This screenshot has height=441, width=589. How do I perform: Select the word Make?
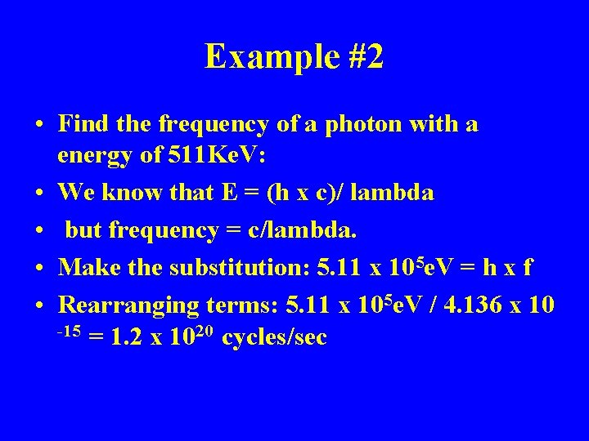[87, 267]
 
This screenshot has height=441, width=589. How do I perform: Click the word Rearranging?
[129, 305]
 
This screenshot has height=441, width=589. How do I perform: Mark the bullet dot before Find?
[39, 126]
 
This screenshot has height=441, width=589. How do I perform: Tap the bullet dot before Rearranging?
[39, 306]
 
